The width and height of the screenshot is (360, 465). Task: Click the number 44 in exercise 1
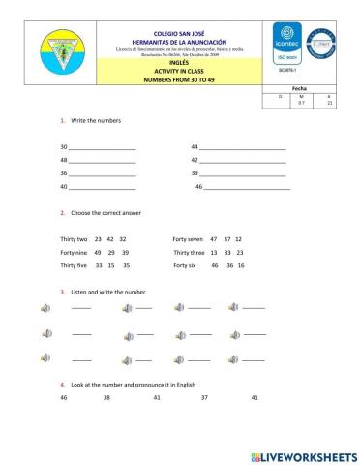[195, 145]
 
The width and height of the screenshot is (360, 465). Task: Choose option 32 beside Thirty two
[123, 238]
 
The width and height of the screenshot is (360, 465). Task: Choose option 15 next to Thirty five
[112, 265]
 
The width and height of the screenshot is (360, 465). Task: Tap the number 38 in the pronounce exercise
[106, 397]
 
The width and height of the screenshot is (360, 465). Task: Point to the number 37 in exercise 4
[204, 397]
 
